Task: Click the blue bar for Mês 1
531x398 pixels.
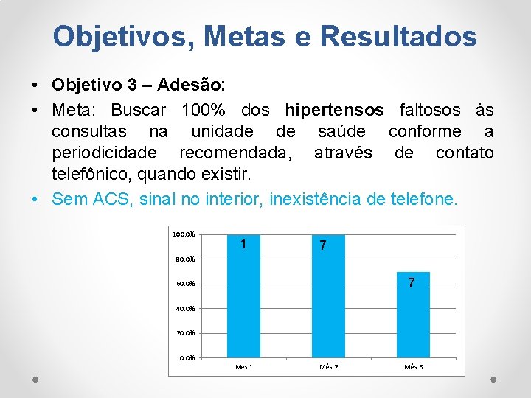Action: click(x=244, y=296)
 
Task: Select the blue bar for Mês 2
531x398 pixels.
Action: click(x=328, y=296)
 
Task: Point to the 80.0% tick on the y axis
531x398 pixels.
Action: click(x=185, y=259)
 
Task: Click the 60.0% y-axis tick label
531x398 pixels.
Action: click(x=185, y=284)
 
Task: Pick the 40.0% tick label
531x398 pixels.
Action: click(x=185, y=309)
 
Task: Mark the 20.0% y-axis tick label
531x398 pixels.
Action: click(x=185, y=333)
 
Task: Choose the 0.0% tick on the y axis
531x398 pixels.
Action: click(x=187, y=358)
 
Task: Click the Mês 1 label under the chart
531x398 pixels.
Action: click(x=244, y=367)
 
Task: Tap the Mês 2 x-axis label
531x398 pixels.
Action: click(x=329, y=367)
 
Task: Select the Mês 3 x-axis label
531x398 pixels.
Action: click(x=414, y=367)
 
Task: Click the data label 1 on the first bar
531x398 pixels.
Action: click(x=243, y=244)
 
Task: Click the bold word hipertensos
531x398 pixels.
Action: click(x=334, y=111)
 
